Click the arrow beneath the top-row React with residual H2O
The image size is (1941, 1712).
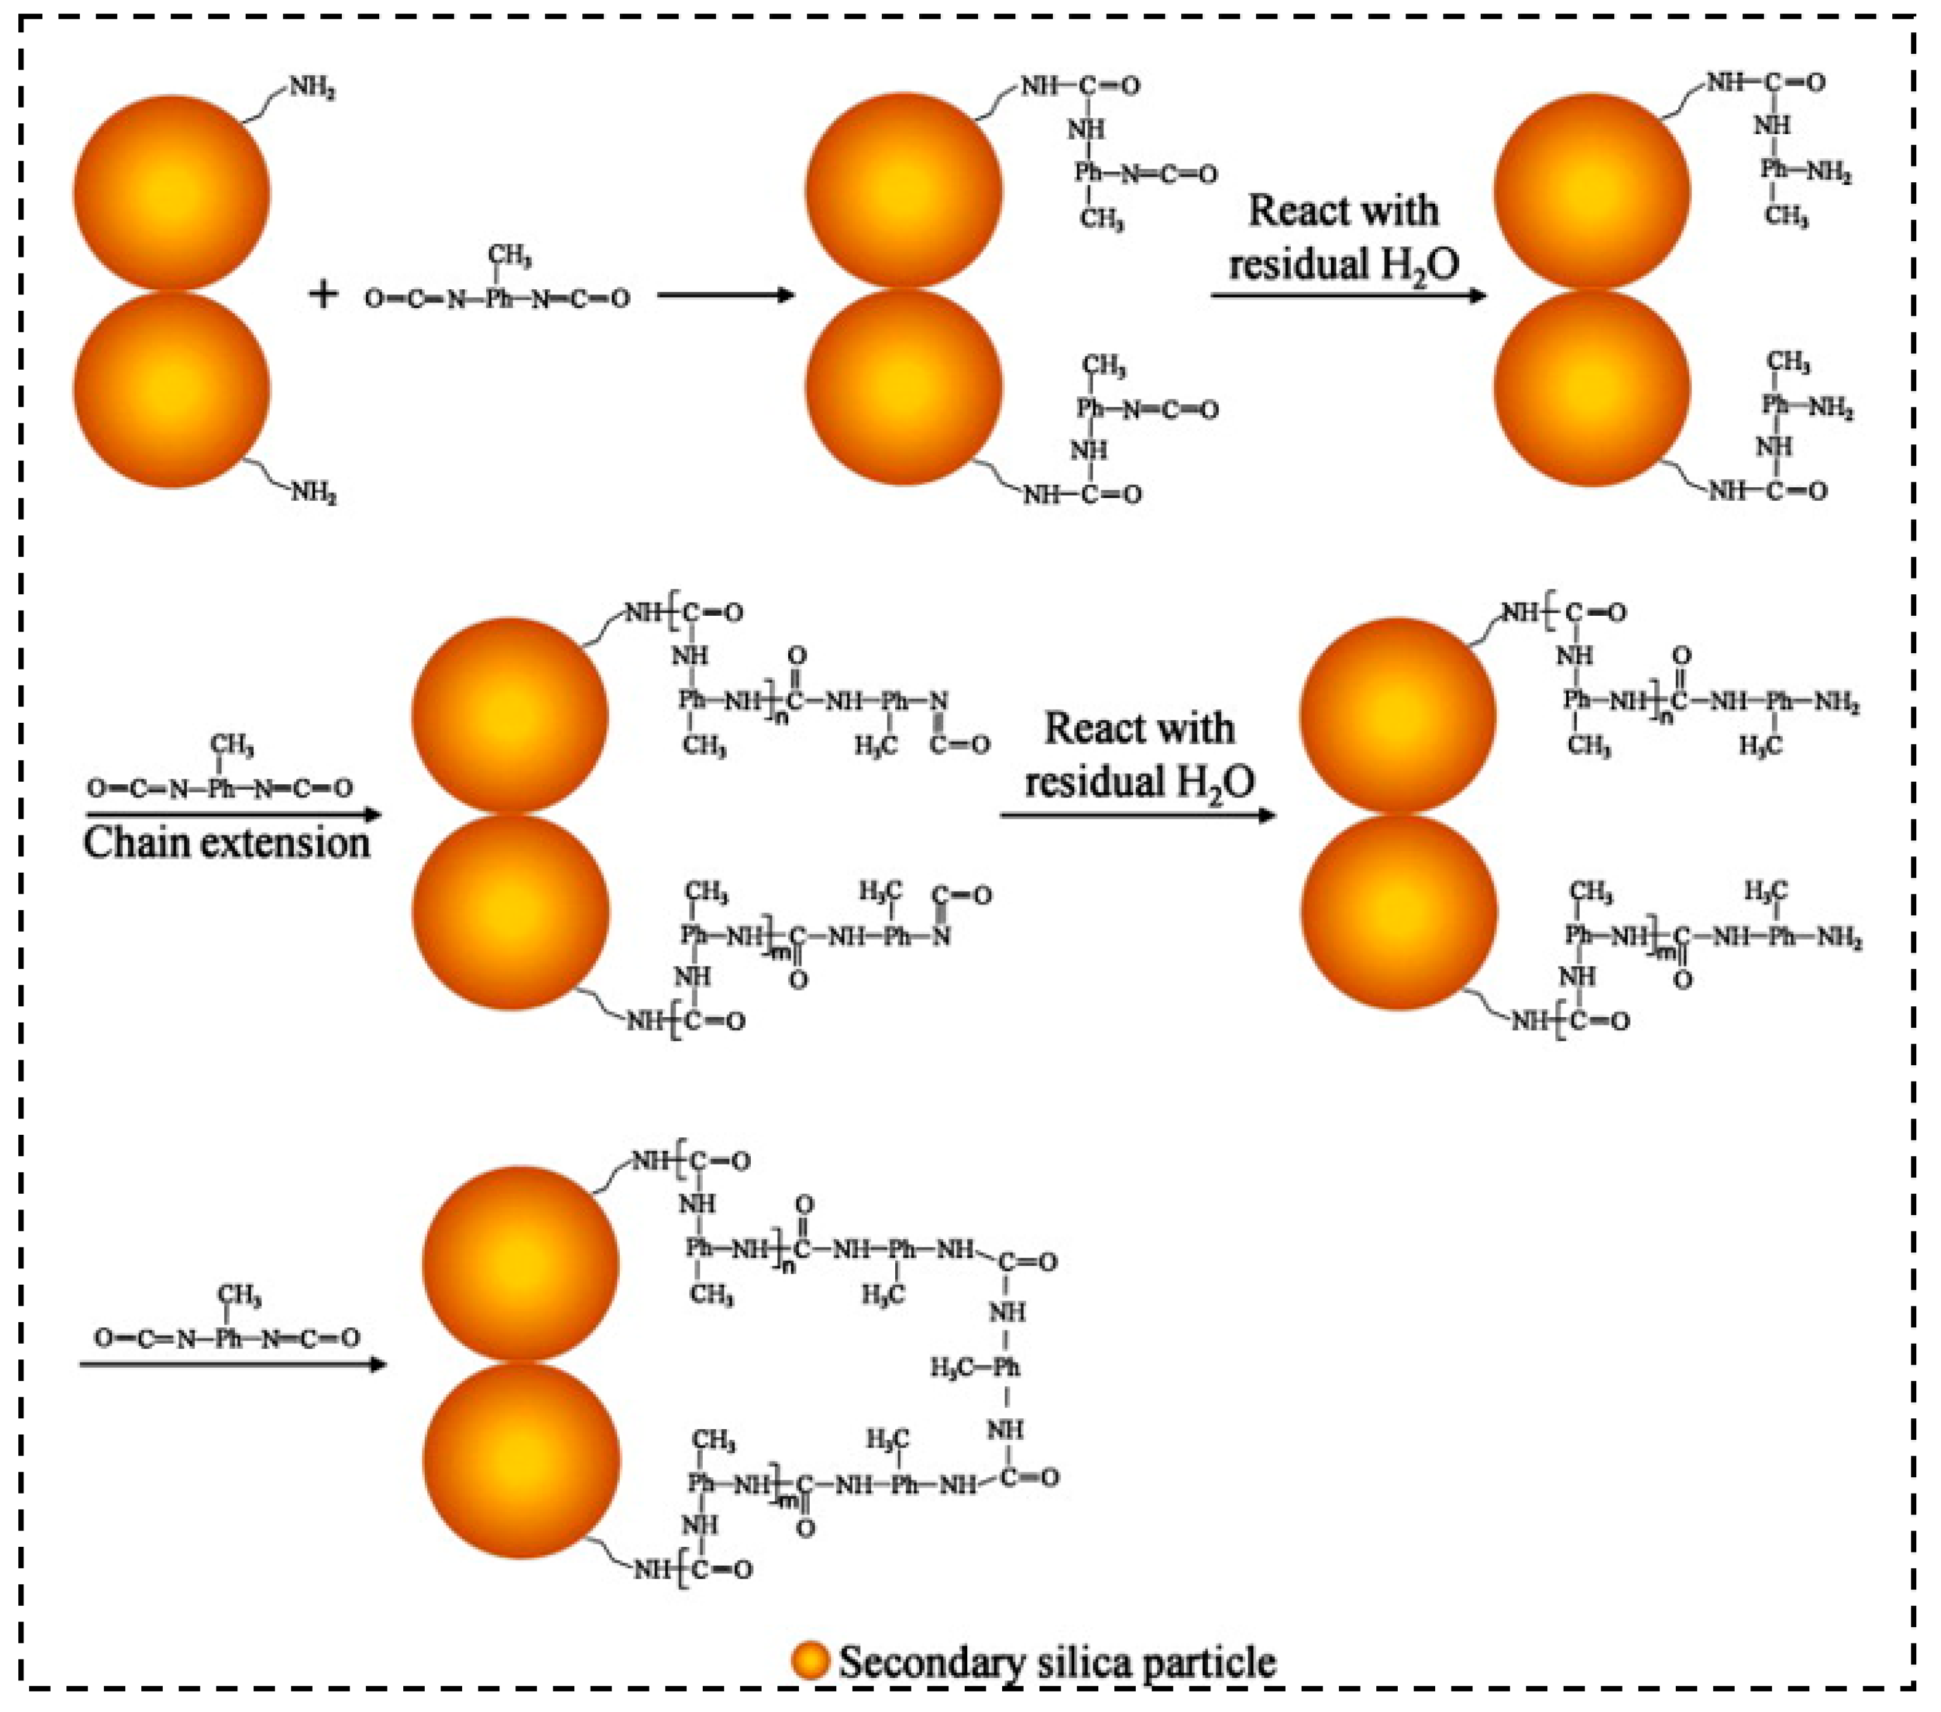[x=1347, y=296]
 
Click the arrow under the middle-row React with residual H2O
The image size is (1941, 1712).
[x=1137, y=815]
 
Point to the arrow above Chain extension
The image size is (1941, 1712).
[x=233, y=815]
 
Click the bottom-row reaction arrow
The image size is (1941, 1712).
[x=233, y=1365]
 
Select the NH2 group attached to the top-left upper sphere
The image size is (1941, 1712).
[x=311, y=89]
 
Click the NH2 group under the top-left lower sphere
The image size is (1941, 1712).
[x=313, y=493]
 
